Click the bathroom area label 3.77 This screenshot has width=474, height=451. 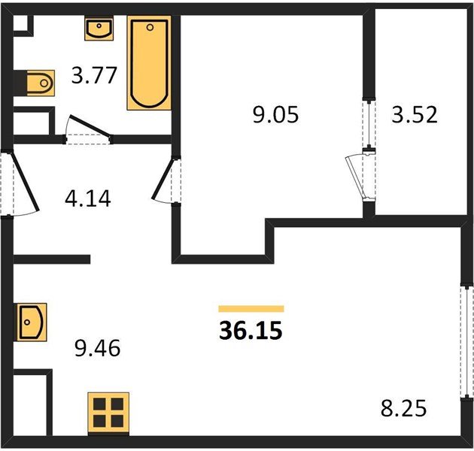tap(94, 75)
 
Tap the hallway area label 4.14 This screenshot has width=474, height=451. tap(88, 198)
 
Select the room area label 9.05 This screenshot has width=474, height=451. tap(275, 114)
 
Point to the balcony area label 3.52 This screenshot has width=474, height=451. tap(415, 114)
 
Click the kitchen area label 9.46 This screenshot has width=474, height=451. tap(97, 348)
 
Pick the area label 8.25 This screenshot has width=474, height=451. tap(403, 408)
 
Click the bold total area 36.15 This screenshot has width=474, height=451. tap(251, 330)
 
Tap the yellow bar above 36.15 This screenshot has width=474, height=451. tap(251, 308)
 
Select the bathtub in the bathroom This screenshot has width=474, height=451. tap(149, 63)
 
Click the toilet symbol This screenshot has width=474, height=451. tap(41, 83)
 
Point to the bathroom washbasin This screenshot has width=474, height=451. tap(99, 29)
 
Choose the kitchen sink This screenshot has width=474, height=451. tap(32, 322)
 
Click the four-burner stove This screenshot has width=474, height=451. tap(108, 413)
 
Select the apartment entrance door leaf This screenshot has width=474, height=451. tap(25, 182)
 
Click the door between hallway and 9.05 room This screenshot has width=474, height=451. tap(163, 179)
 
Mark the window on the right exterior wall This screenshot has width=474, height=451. tap(467, 342)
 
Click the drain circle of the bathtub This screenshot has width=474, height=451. tap(150, 28)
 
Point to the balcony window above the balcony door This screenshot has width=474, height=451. tap(369, 124)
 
